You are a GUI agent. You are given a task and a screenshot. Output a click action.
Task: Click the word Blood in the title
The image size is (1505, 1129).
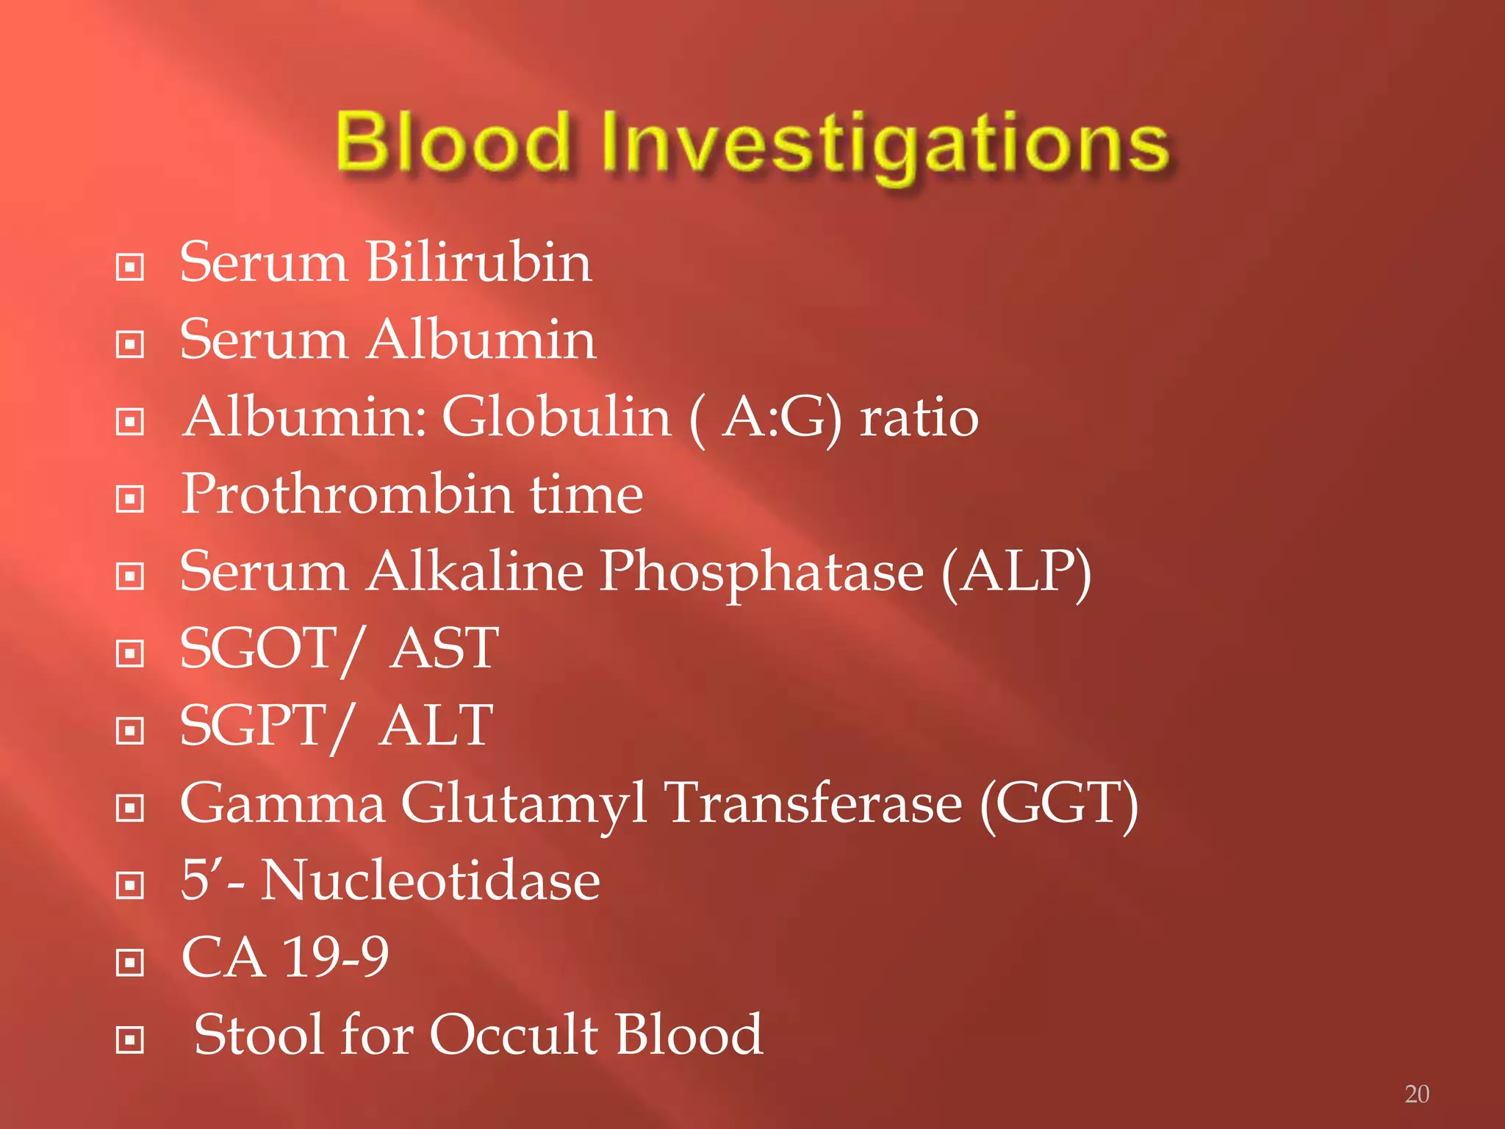(452, 141)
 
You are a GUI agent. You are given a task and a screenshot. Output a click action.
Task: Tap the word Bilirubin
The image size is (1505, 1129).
(478, 262)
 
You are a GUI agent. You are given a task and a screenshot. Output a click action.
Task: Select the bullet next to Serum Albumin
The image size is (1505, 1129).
(130, 344)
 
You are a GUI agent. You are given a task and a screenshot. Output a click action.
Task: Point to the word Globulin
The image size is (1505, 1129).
(556, 417)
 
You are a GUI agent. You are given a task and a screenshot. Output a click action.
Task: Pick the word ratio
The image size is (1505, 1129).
(919, 417)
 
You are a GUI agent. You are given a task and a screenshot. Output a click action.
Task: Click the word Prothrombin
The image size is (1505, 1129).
(346, 494)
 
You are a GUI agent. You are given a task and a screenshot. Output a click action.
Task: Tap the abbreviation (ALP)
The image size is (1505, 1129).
(1016, 573)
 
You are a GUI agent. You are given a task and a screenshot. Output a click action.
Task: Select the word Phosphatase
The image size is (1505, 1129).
(761, 573)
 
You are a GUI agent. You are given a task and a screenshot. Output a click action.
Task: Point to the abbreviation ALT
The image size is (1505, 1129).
(436, 725)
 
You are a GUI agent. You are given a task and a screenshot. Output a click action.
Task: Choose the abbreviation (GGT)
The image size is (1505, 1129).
(1059, 804)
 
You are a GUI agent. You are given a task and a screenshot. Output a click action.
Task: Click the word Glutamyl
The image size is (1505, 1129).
(523, 804)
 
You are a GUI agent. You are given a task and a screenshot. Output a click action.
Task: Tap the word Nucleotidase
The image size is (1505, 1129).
(431, 881)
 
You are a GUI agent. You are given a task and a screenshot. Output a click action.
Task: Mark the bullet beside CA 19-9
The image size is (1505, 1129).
(130, 962)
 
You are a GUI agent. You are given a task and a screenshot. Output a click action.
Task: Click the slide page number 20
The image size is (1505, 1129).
(1416, 1094)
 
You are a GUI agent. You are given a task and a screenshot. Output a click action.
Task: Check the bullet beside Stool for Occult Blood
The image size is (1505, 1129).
(130, 1039)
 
